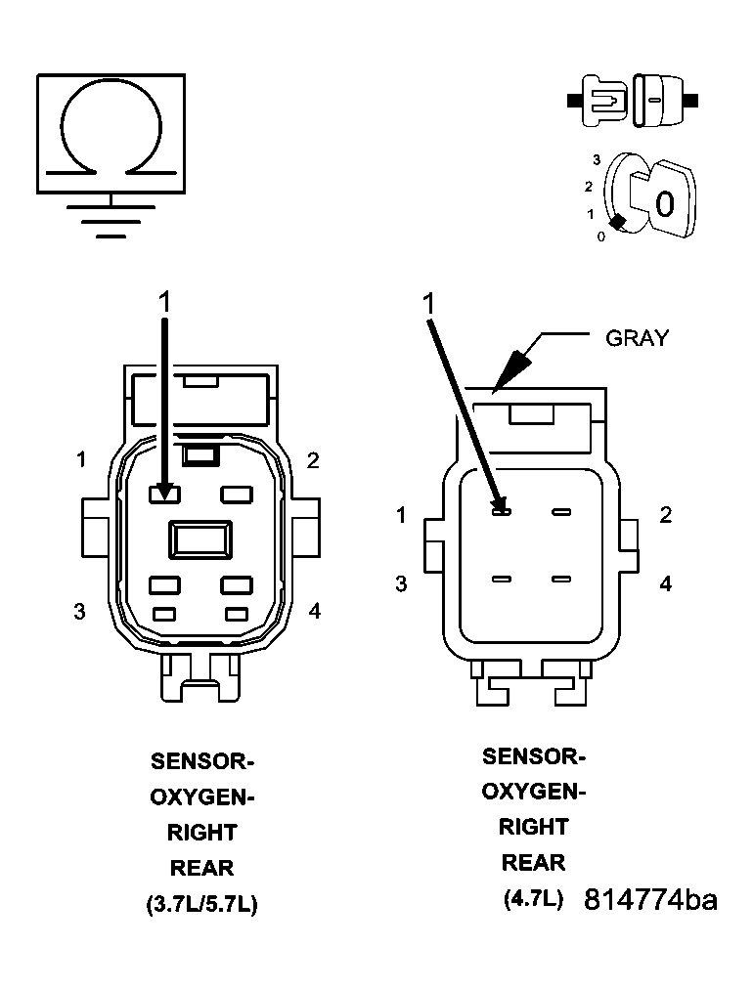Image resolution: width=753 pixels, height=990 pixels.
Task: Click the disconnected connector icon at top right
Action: [633, 100]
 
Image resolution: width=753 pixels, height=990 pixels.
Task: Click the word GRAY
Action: [638, 338]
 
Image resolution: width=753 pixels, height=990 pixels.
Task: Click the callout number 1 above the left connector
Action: [164, 302]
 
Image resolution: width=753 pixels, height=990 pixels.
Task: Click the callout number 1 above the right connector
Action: [428, 304]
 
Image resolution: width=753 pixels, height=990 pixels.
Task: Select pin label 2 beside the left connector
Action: [313, 460]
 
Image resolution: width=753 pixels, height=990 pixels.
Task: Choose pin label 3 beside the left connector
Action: [79, 612]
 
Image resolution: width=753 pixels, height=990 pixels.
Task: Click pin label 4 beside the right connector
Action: [666, 583]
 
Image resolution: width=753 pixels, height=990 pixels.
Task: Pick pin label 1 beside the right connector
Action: [401, 515]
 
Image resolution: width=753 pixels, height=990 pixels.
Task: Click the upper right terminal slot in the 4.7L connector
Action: [560, 511]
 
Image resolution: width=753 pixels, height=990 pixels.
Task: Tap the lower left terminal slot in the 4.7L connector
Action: [501, 580]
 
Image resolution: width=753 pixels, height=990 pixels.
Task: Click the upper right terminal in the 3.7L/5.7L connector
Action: [238, 495]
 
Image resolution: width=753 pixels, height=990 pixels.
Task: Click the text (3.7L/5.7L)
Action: [201, 905]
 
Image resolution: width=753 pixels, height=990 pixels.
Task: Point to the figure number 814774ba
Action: [650, 900]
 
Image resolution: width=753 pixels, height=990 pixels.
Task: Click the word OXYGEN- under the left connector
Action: [201, 796]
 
